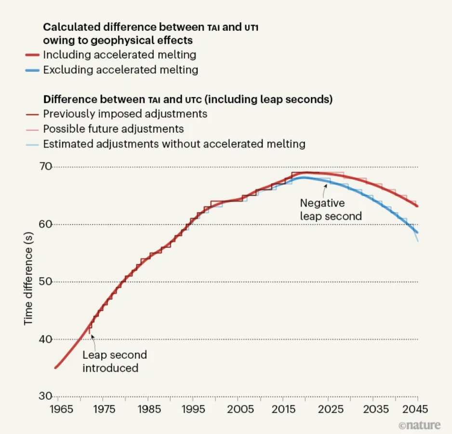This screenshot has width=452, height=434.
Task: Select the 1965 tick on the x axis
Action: click(x=62, y=410)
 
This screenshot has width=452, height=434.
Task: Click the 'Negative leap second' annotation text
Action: click(x=331, y=209)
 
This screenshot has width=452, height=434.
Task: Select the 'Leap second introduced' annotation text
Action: click(x=114, y=362)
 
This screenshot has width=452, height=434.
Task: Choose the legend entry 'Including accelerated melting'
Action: click(x=120, y=54)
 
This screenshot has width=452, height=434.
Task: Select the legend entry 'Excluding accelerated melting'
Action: click(x=120, y=70)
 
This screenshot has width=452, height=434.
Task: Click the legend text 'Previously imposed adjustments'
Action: click(x=125, y=114)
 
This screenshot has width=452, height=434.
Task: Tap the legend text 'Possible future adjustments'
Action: click(x=113, y=129)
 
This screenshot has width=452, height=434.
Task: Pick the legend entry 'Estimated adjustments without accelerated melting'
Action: click(x=174, y=144)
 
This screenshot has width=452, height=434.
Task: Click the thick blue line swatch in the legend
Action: click(x=31, y=70)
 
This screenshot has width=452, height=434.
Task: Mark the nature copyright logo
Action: click(x=419, y=425)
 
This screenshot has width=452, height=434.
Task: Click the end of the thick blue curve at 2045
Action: click(x=417, y=233)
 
